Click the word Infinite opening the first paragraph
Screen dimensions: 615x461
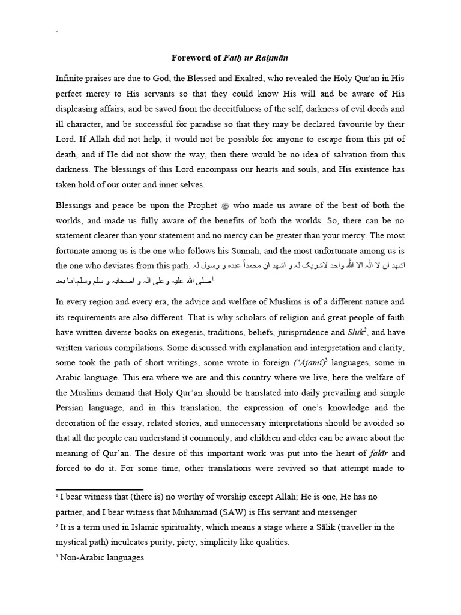pyautogui.click(x=71, y=78)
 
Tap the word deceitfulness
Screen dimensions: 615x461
pyautogui.click(x=253, y=109)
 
